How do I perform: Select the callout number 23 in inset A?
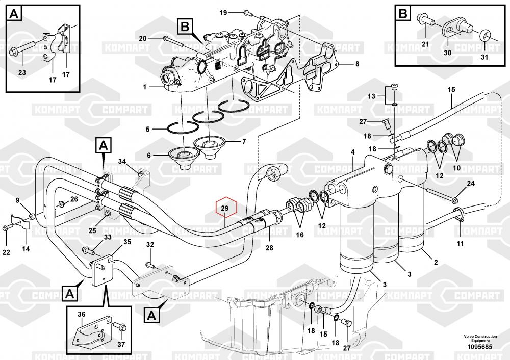22,73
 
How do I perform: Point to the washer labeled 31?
486,36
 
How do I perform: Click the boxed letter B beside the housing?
185,26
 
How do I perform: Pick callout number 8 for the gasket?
357,64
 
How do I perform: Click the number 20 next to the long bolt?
143,38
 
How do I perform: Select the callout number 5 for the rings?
147,129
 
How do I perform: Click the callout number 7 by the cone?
244,141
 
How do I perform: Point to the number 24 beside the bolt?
471,183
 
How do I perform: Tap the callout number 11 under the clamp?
460,243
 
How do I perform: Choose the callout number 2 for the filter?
436,263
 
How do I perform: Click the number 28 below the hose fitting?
269,248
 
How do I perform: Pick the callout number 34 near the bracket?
122,162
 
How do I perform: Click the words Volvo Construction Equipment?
480,339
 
